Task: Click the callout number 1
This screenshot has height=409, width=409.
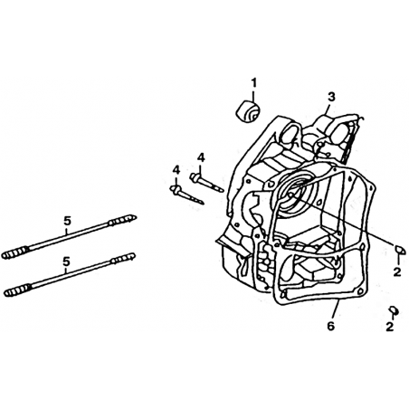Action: click(x=253, y=82)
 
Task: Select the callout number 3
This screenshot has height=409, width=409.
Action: click(x=331, y=97)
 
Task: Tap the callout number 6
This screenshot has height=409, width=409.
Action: click(x=331, y=326)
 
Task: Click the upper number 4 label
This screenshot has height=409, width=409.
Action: click(x=201, y=157)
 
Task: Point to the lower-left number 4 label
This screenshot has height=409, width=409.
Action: click(x=176, y=170)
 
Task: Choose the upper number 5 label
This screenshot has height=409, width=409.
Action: click(x=67, y=221)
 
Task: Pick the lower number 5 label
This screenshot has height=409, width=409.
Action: click(x=66, y=262)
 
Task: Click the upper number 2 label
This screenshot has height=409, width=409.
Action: click(x=397, y=272)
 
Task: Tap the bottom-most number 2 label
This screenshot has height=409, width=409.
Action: click(x=390, y=327)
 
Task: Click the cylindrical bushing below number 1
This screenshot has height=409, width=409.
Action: click(x=248, y=112)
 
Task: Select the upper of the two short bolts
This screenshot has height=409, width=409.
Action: click(x=206, y=182)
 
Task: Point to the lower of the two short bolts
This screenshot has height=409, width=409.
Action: click(x=187, y=195)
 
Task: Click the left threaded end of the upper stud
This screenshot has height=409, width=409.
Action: click(x=15, y=252)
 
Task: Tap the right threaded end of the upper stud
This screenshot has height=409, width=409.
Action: click(x=122, y=220)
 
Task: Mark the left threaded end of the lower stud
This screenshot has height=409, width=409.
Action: click(x=17, y=290)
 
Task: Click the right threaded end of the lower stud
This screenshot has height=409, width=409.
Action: click(x=122, y=258)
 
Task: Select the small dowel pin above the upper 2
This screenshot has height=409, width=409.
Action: click(x=399, y=249)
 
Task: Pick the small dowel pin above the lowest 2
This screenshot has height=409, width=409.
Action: click(x=393, y=309)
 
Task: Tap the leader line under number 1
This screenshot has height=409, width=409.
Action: click(x=253, y=96)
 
